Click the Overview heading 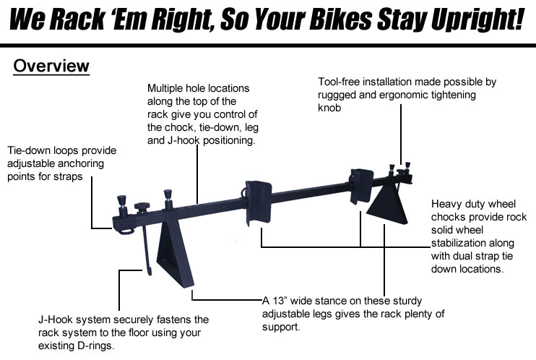[x=51, y=67]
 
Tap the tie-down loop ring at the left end [x=124, y=231]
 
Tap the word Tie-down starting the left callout [x=30, y=150]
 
